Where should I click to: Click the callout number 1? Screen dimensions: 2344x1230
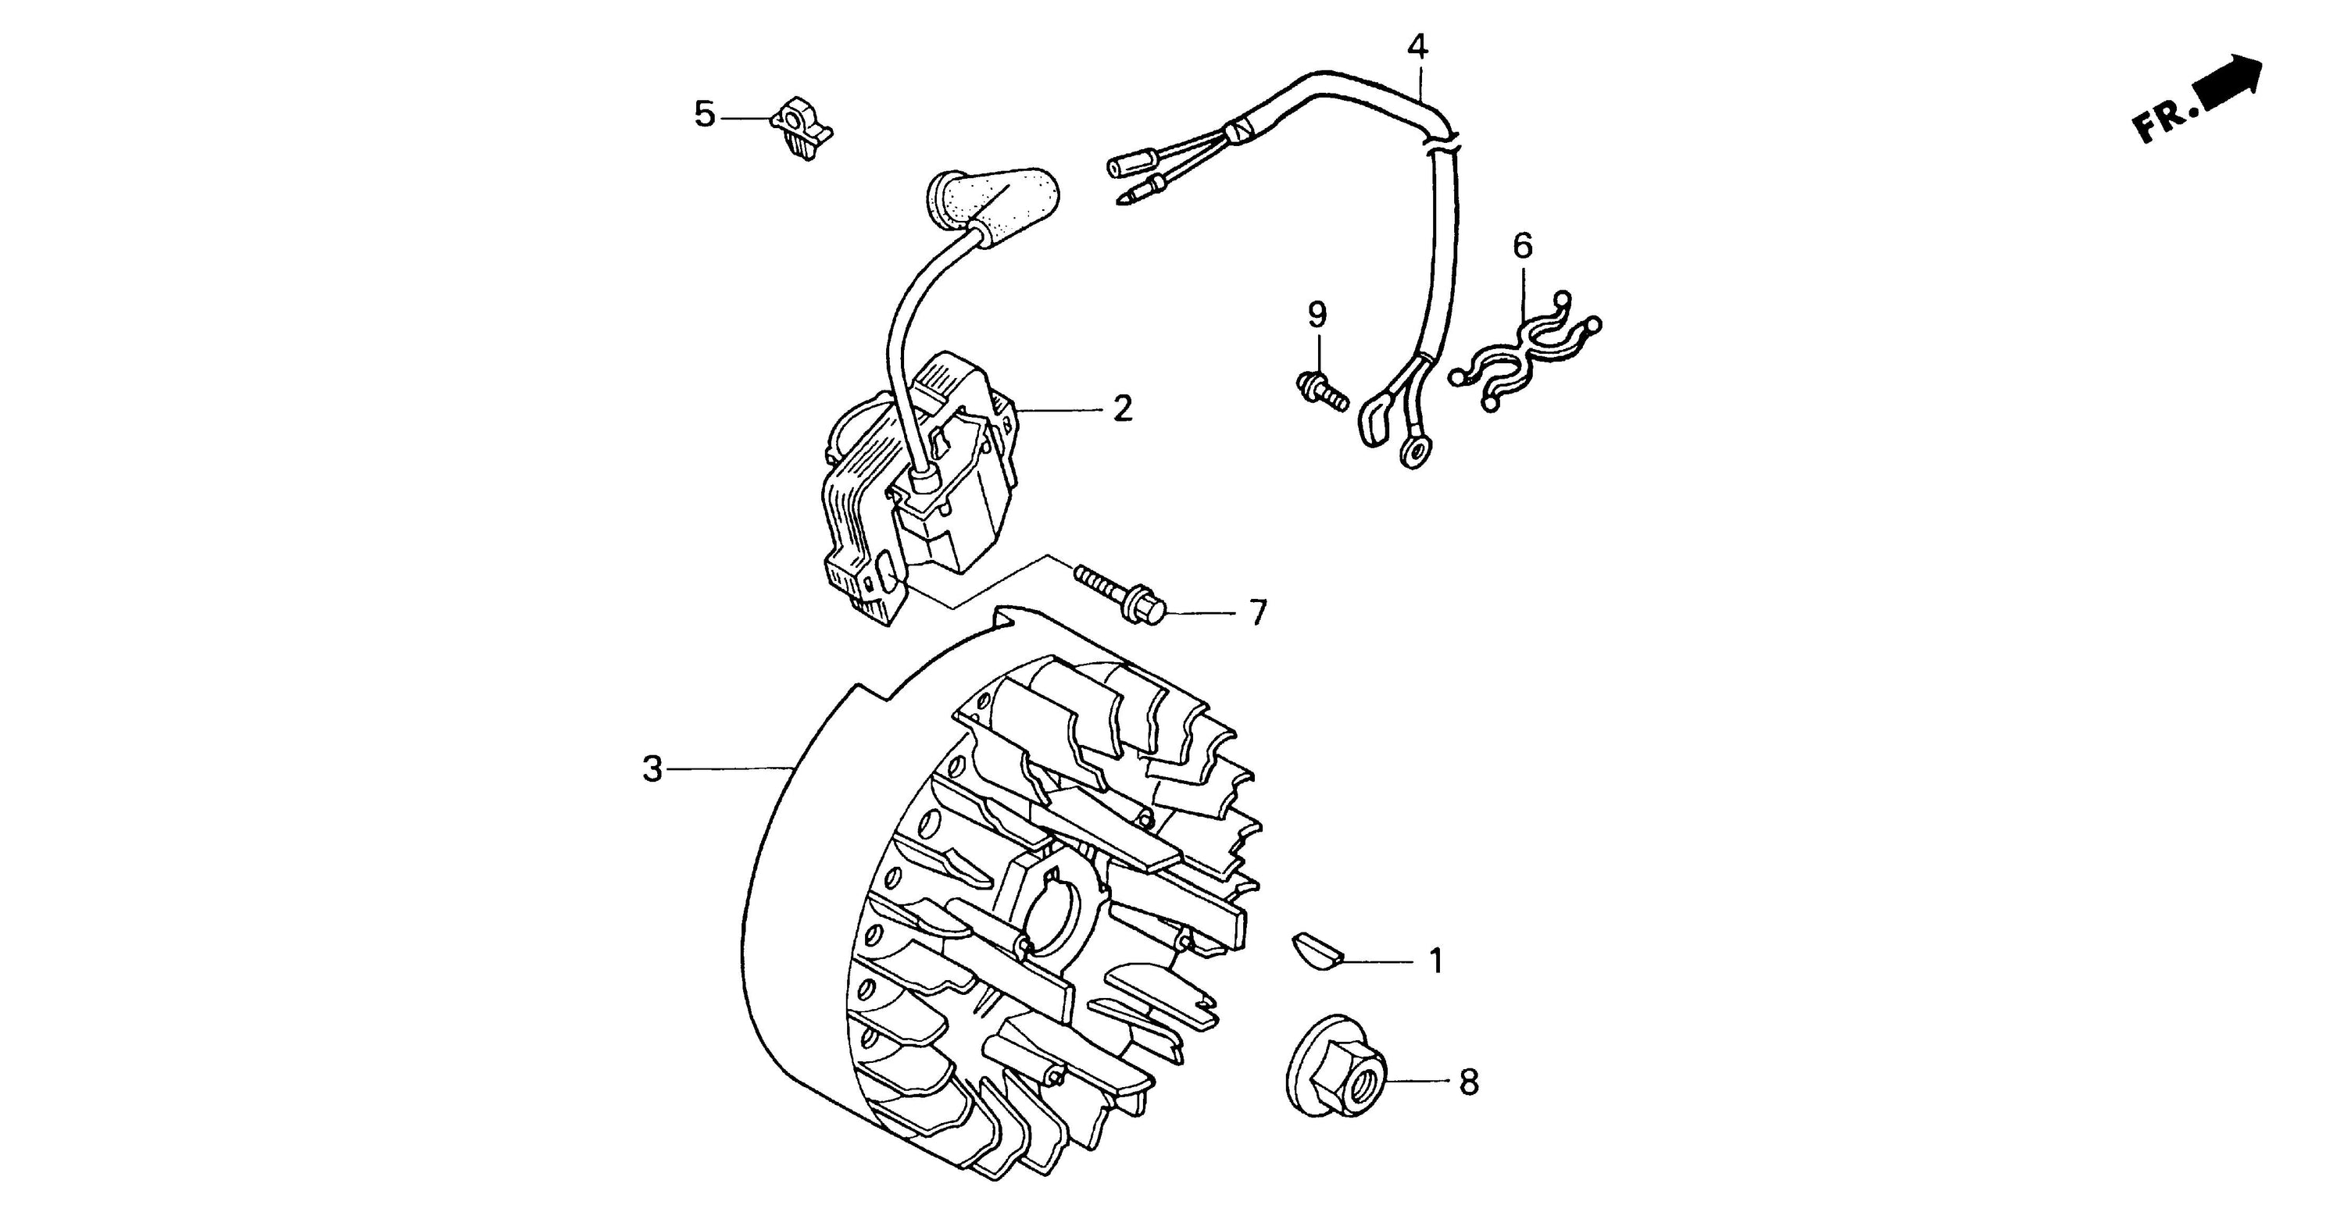(x=1437, y=961)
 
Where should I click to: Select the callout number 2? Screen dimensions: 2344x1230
(x=1123, y=409)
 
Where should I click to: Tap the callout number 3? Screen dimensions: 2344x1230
(x=652, y=770)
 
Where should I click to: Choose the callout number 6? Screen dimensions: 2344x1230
(x=1522, y=246)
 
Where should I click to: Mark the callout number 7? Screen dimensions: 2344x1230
(x=1259, y=613)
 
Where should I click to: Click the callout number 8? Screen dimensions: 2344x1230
(x=1469, y=1082)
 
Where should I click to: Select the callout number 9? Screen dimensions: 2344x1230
(x=1317, y=315)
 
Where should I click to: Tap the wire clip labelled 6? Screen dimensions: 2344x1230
(x=1525, y=351)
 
